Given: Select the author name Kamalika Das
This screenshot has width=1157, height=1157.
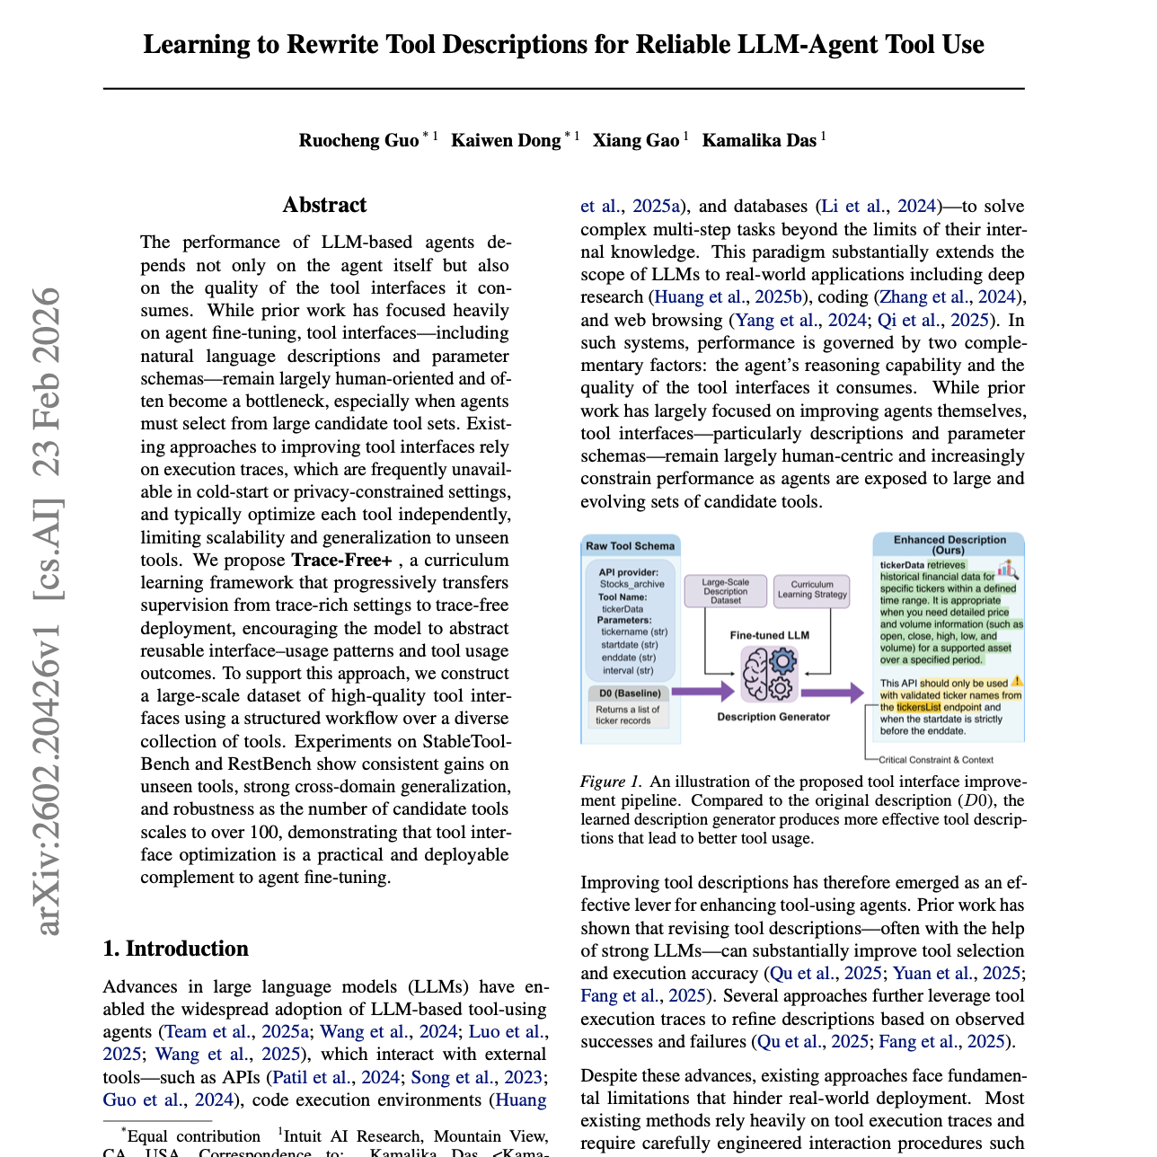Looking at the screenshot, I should pos(758,140).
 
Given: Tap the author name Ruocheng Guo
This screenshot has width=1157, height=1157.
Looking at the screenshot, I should pos(358,140).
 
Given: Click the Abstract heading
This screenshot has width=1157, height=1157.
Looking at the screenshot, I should pos(324,205).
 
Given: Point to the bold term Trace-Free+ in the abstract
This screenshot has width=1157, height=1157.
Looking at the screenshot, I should pos(341,561).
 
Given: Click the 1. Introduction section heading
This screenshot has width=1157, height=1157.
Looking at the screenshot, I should pos(175,949).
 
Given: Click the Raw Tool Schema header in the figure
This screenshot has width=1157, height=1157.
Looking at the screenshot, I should pos(630,546).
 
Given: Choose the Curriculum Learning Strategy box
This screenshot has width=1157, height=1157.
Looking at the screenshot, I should pos(812,589).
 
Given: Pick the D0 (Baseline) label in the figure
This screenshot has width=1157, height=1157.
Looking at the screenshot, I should pos(630,693).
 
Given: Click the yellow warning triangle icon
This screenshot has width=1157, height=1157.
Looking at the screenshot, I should pos(1017,683).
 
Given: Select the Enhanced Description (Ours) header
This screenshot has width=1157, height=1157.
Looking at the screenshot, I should pos(949,544).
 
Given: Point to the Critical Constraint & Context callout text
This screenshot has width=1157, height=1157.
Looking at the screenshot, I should pos(935,760).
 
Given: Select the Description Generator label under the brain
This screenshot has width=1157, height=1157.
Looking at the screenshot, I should pos(773,717).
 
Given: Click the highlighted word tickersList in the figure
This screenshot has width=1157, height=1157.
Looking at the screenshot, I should pos(918,707).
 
